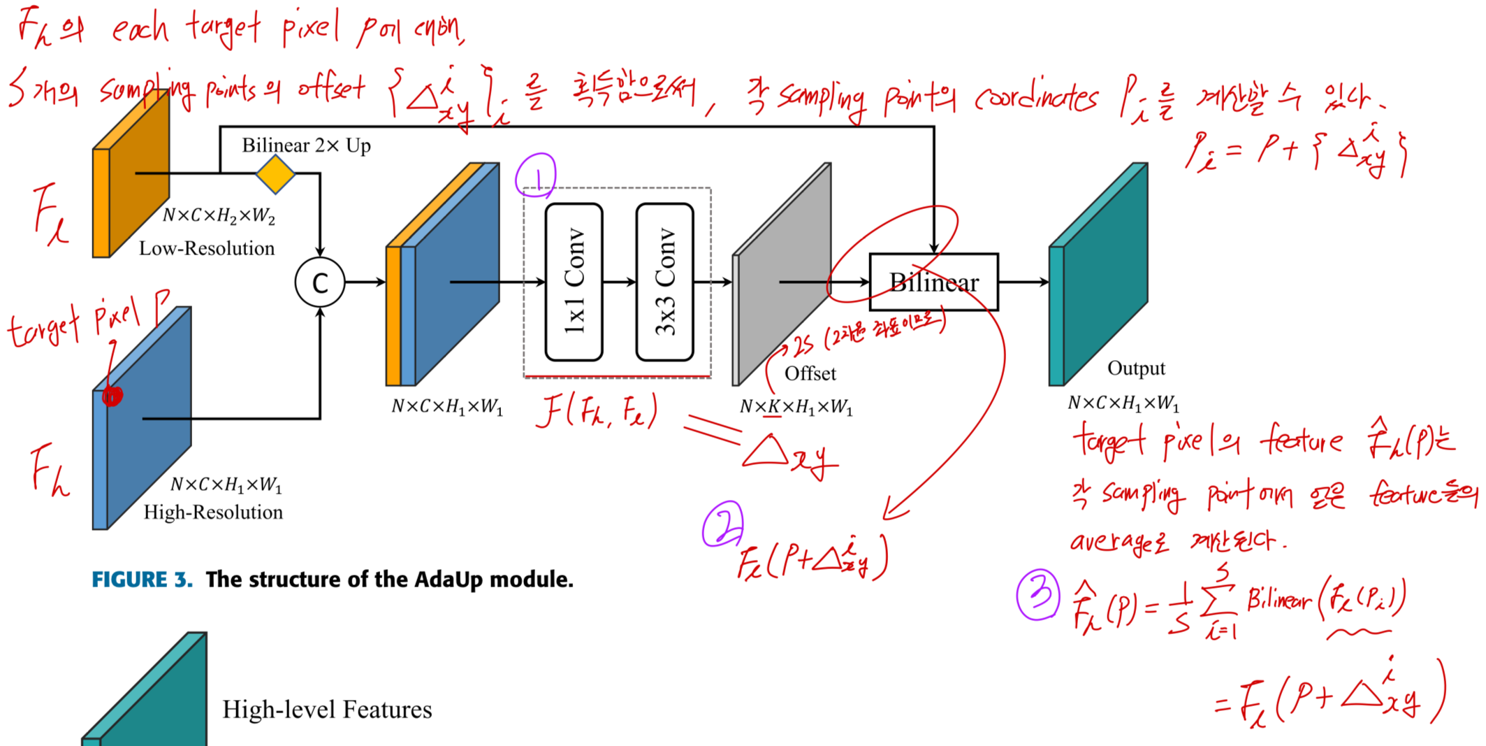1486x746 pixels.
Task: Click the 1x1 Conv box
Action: coord(574,282)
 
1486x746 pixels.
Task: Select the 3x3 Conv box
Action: coord(664,282)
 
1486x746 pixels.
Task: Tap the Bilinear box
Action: coord(933,282)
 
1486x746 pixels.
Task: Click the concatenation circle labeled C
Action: coord(320,282)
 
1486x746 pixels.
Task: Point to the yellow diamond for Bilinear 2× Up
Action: coord(275,174)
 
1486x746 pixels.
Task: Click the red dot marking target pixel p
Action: coord(112,396)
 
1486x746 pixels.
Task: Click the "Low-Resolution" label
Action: coord(207,248)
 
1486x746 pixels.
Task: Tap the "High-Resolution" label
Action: coord(213,512)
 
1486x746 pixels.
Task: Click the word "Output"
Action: coord(1136,368)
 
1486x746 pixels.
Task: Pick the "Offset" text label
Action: coord(810,373)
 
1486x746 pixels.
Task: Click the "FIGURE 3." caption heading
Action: coord(142,580)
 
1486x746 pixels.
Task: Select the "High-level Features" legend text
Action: coord(327,710)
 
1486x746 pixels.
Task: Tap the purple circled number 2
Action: coord(722,524)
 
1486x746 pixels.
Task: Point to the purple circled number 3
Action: coord(1038,594)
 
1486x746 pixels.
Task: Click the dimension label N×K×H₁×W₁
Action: coord(796,407)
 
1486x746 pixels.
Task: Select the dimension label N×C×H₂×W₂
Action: coord(219,215)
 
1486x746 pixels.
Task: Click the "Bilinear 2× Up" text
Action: coord(306,145)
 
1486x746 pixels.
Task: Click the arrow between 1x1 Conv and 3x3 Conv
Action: coord(620,282)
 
